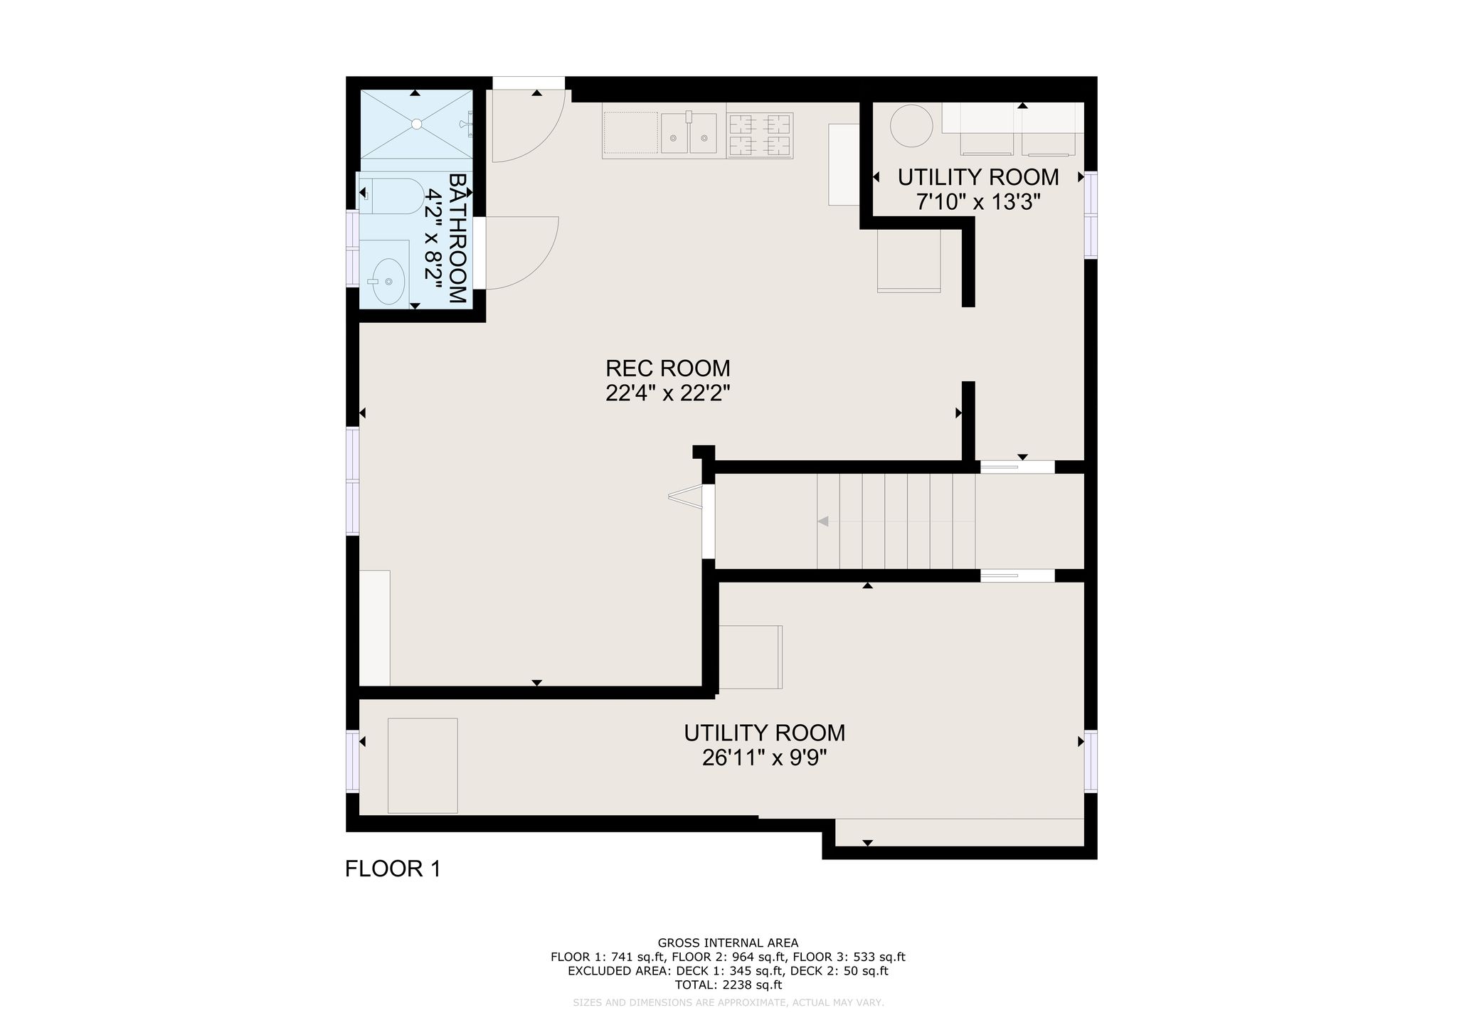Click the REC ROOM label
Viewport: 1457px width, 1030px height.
667,368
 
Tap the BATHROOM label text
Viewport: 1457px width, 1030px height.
458,239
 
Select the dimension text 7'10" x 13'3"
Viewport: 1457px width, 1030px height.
978,203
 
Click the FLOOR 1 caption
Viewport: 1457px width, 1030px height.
393,869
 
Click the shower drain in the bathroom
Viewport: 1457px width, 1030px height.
416,124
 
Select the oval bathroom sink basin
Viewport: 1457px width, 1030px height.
388,281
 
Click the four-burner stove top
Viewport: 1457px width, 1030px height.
760,135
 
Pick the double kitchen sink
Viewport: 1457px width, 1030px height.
689,133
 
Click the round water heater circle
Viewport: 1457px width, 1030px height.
911,126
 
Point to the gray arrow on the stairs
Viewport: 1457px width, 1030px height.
823,521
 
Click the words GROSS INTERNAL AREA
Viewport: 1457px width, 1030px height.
728,943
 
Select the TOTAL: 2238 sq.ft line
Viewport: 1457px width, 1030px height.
728,985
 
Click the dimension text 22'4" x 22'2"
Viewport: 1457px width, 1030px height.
668,393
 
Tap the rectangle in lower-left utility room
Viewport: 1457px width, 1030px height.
423,765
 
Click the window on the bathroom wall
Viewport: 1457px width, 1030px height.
352,248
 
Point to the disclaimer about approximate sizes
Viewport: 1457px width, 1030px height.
728,1003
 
